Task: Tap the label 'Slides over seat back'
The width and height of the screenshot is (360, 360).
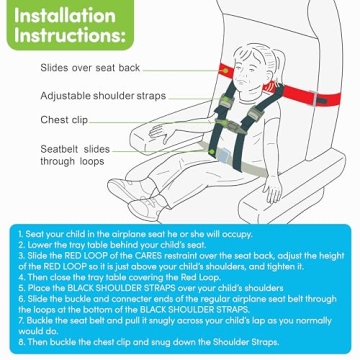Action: click(x=90, y=68)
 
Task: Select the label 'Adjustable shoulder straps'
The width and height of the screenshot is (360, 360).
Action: click(x=103, y=95)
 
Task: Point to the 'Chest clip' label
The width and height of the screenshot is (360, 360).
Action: click(x=64, y=119)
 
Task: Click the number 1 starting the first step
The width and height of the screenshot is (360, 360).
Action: click(x=19, y=233)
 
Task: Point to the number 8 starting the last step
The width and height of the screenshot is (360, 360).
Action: click(x=19, y=342)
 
